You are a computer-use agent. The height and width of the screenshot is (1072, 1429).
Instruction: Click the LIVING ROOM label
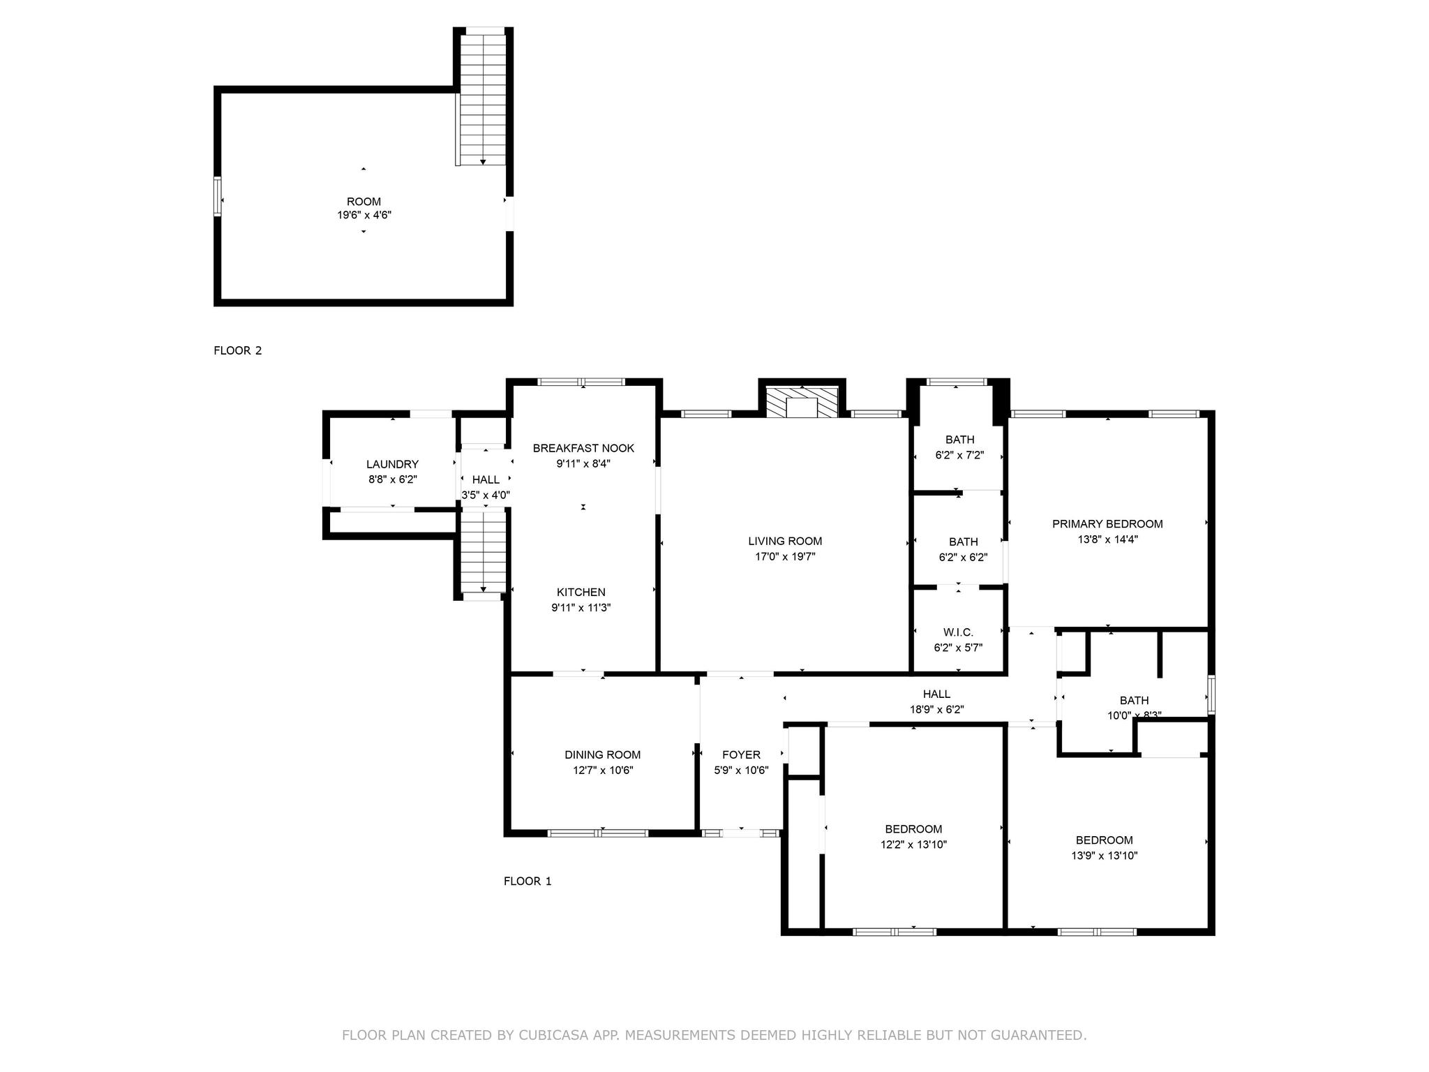tap(785, 541)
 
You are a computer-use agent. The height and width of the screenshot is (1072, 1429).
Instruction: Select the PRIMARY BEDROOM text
tap(1107, 524)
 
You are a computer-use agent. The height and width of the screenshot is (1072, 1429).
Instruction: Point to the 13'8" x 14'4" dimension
tap(1107, 539)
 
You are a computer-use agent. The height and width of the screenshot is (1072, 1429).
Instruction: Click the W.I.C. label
tap(958, 632)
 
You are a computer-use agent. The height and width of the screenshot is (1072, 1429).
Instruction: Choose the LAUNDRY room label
tap(392, 464)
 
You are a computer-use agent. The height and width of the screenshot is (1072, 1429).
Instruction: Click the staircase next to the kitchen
tap(483, 551)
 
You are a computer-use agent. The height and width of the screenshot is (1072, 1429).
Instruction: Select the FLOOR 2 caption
tap(238, 350)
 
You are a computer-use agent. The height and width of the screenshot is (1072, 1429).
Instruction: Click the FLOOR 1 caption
tap(528, 881)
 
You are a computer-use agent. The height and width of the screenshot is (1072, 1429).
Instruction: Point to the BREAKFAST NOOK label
tap(583, 448)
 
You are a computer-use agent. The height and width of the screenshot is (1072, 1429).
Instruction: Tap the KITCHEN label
tap(581, 593)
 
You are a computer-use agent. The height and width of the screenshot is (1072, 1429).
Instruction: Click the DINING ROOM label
tap(602, 754)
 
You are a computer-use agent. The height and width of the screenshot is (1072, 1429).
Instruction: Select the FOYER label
tap(741, 754)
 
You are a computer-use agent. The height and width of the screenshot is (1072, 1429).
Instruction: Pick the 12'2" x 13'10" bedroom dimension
tap(913, 844)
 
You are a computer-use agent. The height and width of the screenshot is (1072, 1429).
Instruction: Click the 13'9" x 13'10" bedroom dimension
tap(1104, 856)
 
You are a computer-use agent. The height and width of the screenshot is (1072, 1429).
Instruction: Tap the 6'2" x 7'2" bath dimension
tap(959, 455)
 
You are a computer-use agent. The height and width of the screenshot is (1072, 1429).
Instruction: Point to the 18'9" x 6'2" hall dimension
tap(936, 710)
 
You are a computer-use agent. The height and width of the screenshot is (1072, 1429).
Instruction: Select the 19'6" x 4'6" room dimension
tap(364, 216)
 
